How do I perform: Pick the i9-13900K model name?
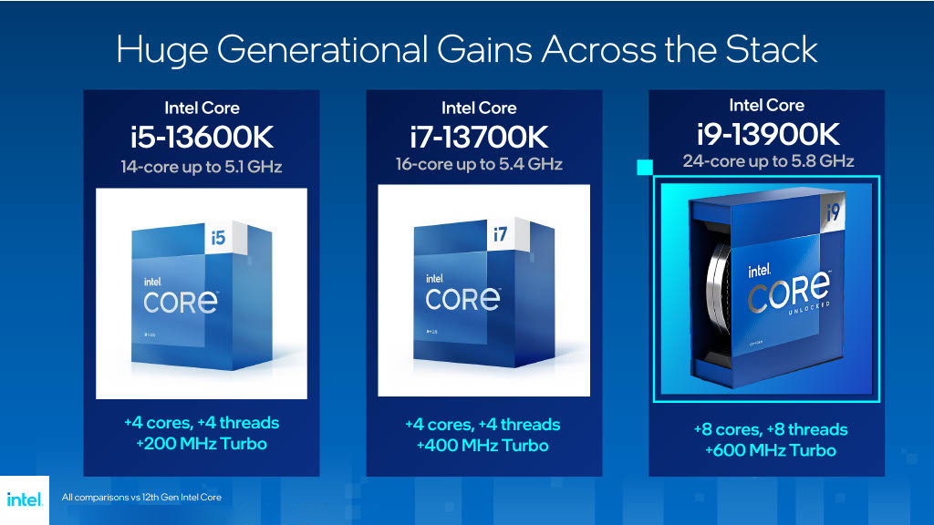pos(766,135)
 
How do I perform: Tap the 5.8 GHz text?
pos(822,161)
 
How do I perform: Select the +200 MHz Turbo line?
pos(201,444)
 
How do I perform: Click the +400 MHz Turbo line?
pos(483,446)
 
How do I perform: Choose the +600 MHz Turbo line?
pos(770,450)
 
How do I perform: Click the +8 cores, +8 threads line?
pos(770,429)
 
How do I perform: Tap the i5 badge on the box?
pos(217,238)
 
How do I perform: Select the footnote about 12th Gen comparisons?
pos(141,498)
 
